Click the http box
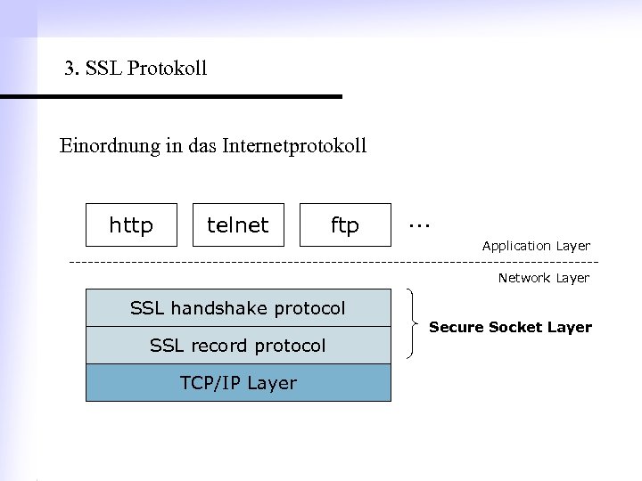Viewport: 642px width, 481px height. click(x=131, y=225)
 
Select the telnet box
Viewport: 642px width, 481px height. click(x=237, y=225)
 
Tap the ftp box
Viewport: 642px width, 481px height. click(x=345, y=225)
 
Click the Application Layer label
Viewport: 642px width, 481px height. click(x=536, y=246)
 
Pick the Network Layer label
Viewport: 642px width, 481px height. click(x=543, y=278)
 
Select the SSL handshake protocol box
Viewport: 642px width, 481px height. click(x=237, y=308)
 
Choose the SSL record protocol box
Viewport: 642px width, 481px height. click(x=237, y=345)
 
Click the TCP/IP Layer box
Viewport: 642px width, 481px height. click(x=237, y=382)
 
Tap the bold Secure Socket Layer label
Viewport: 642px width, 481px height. click(x=510, y=327)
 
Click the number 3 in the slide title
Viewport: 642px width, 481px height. click(x=70, y=69)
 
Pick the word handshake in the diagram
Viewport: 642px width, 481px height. click(x=226, y=308)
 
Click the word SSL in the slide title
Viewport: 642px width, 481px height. click(x=102, y=69)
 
